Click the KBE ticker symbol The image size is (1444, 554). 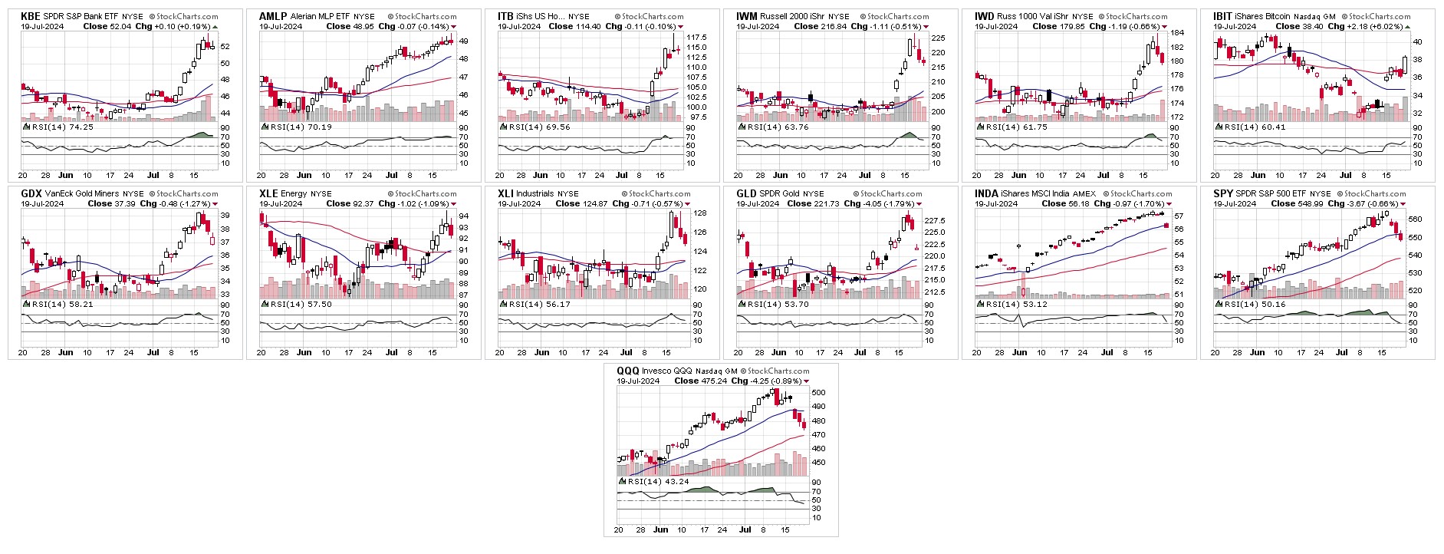31,16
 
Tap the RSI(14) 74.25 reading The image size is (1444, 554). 61,127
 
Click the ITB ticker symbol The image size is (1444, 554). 506,16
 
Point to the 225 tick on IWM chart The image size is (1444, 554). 938,38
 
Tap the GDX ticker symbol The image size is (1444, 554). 31,193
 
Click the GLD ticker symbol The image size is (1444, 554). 746,193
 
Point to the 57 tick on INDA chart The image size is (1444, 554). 1179,216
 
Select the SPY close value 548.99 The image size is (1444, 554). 1298,203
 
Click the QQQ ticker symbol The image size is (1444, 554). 627,371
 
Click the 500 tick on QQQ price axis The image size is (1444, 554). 818,392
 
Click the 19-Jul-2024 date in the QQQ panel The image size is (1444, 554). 638,381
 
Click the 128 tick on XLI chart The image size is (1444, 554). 699,213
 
